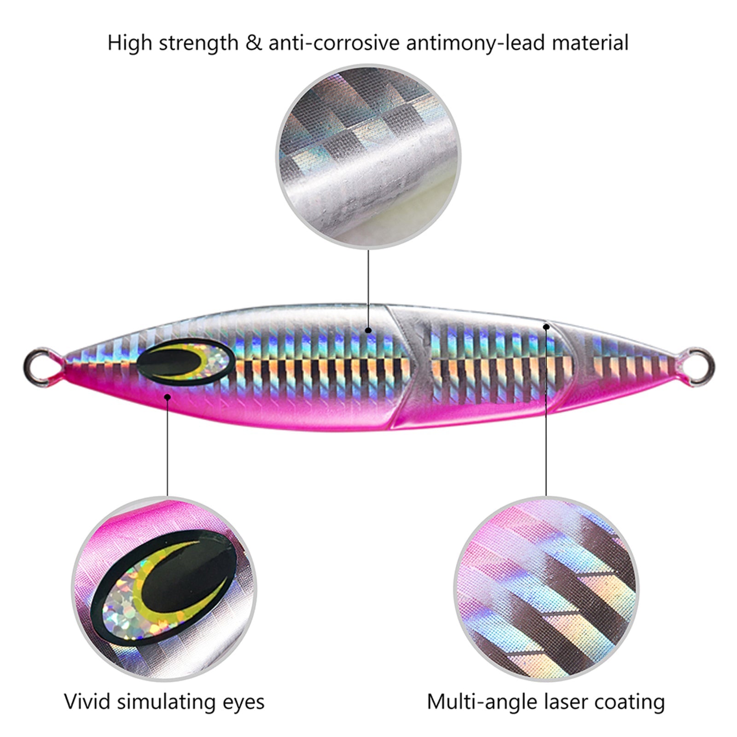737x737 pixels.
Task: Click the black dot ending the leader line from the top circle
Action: (x=368, y=330)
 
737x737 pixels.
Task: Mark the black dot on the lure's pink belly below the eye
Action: (x=168, y=396)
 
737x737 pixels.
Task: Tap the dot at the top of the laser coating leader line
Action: (x=546, y=327)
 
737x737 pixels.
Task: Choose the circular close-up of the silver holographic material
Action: (x=368, y=156)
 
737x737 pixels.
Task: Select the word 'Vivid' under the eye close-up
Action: (x=87, y=702)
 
